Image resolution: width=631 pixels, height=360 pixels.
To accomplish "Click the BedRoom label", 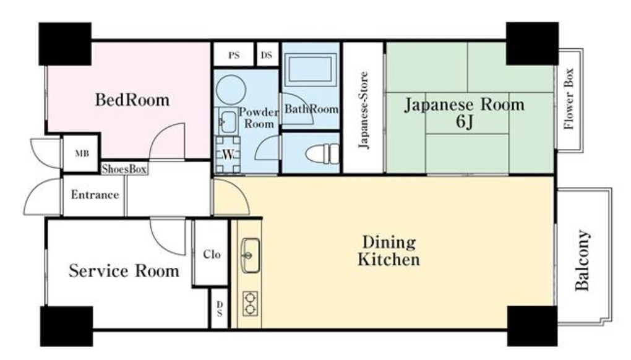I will point(132,100).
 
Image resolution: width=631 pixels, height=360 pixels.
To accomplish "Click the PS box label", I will point(234,55).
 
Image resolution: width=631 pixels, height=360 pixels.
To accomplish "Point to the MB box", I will point(82,153).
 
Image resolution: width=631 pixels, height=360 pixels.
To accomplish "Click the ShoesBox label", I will point(124,169).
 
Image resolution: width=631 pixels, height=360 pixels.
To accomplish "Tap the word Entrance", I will point(95,195).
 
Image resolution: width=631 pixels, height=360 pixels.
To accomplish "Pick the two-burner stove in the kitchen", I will point(251,303).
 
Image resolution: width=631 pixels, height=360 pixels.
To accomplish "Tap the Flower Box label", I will point(569,100).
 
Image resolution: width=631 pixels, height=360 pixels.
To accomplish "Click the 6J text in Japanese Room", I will point(464,122).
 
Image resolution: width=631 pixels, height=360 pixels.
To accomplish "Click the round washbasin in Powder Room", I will point(232,88).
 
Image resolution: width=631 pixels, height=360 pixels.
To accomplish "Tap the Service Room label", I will point(124,271).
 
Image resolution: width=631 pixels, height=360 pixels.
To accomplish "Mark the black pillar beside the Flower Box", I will point(531,43).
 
